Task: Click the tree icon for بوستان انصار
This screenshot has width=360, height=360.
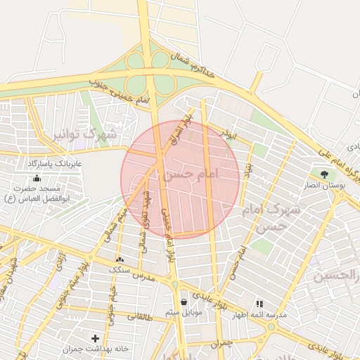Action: coord(324,174)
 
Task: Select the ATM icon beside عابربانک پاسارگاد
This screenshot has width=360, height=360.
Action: coord(37,178)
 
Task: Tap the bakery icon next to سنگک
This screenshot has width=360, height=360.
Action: coord(118,259)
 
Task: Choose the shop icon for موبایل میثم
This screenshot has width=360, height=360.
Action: coord(184,301)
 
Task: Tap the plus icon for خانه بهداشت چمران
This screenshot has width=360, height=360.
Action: coord(96,338)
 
